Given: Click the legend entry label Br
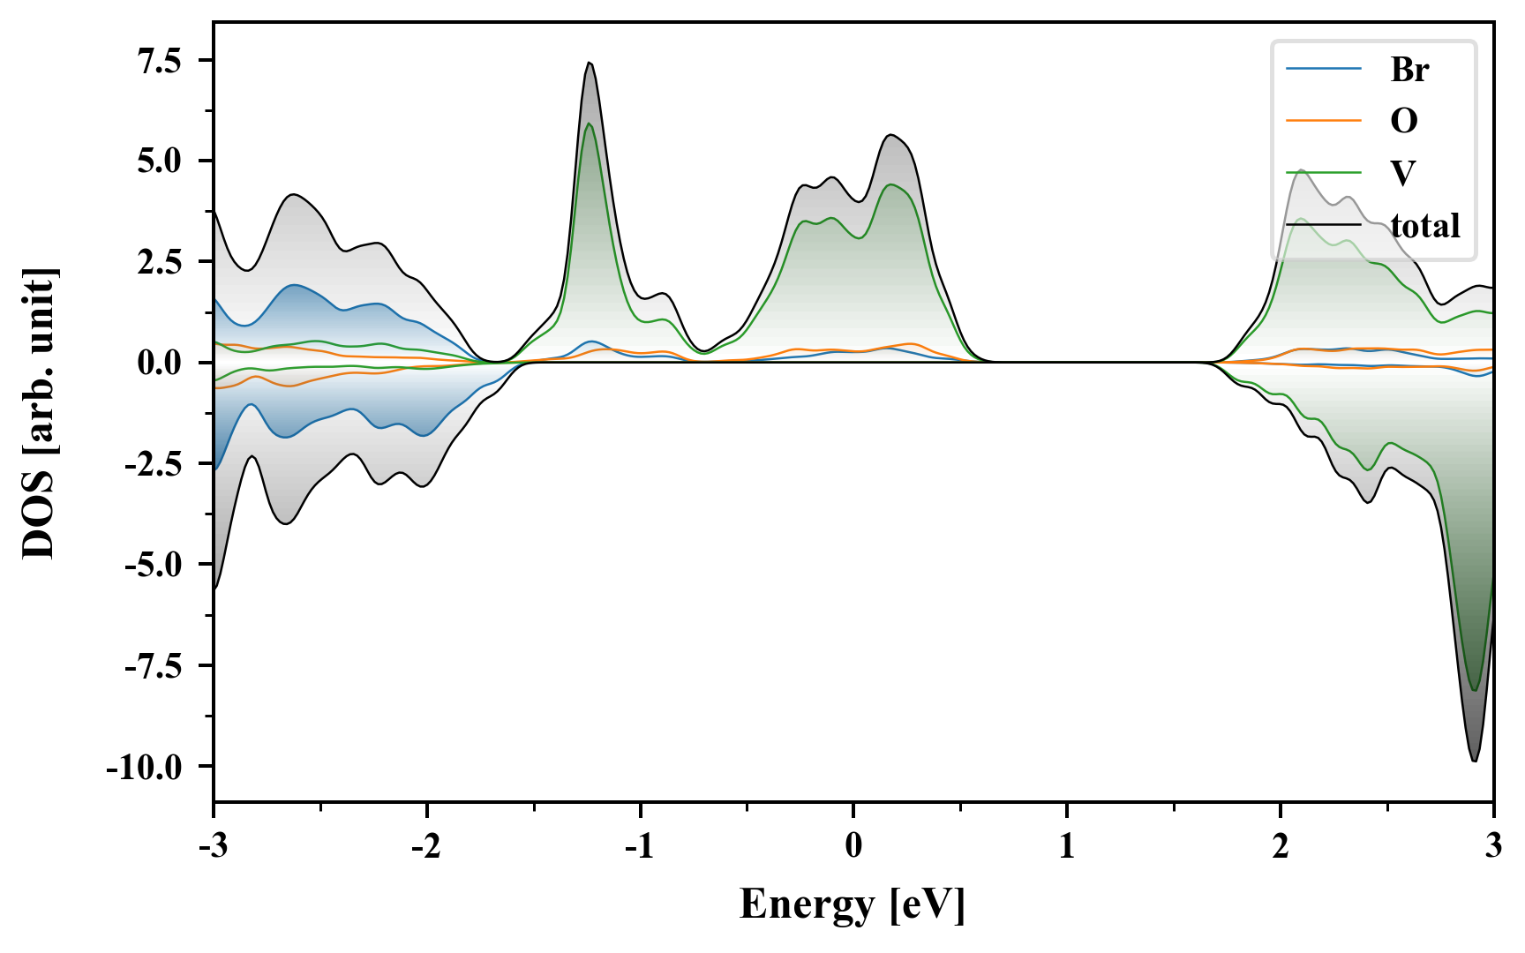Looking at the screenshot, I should pos(1409,69).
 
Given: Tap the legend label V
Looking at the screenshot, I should pos(1403,172).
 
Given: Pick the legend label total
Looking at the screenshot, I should pos(1425,226).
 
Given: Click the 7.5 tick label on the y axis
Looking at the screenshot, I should pos(158,61).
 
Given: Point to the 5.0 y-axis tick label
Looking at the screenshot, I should pos(158,161).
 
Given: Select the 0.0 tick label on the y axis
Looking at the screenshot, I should pos(158,363).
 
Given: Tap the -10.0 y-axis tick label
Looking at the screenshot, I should pos(144,766).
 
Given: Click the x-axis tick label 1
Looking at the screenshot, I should pos(1067,845).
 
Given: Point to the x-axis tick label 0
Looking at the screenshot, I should pos(853,845).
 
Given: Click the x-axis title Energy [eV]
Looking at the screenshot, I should pos(853,904).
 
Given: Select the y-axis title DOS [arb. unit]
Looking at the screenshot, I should pos(40,413).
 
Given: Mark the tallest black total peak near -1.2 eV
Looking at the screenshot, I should pos(589,63).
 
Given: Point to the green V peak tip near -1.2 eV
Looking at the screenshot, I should pos(589,124).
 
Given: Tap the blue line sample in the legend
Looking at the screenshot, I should pos(1323,69).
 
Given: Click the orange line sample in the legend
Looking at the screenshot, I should pos(1323,120).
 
